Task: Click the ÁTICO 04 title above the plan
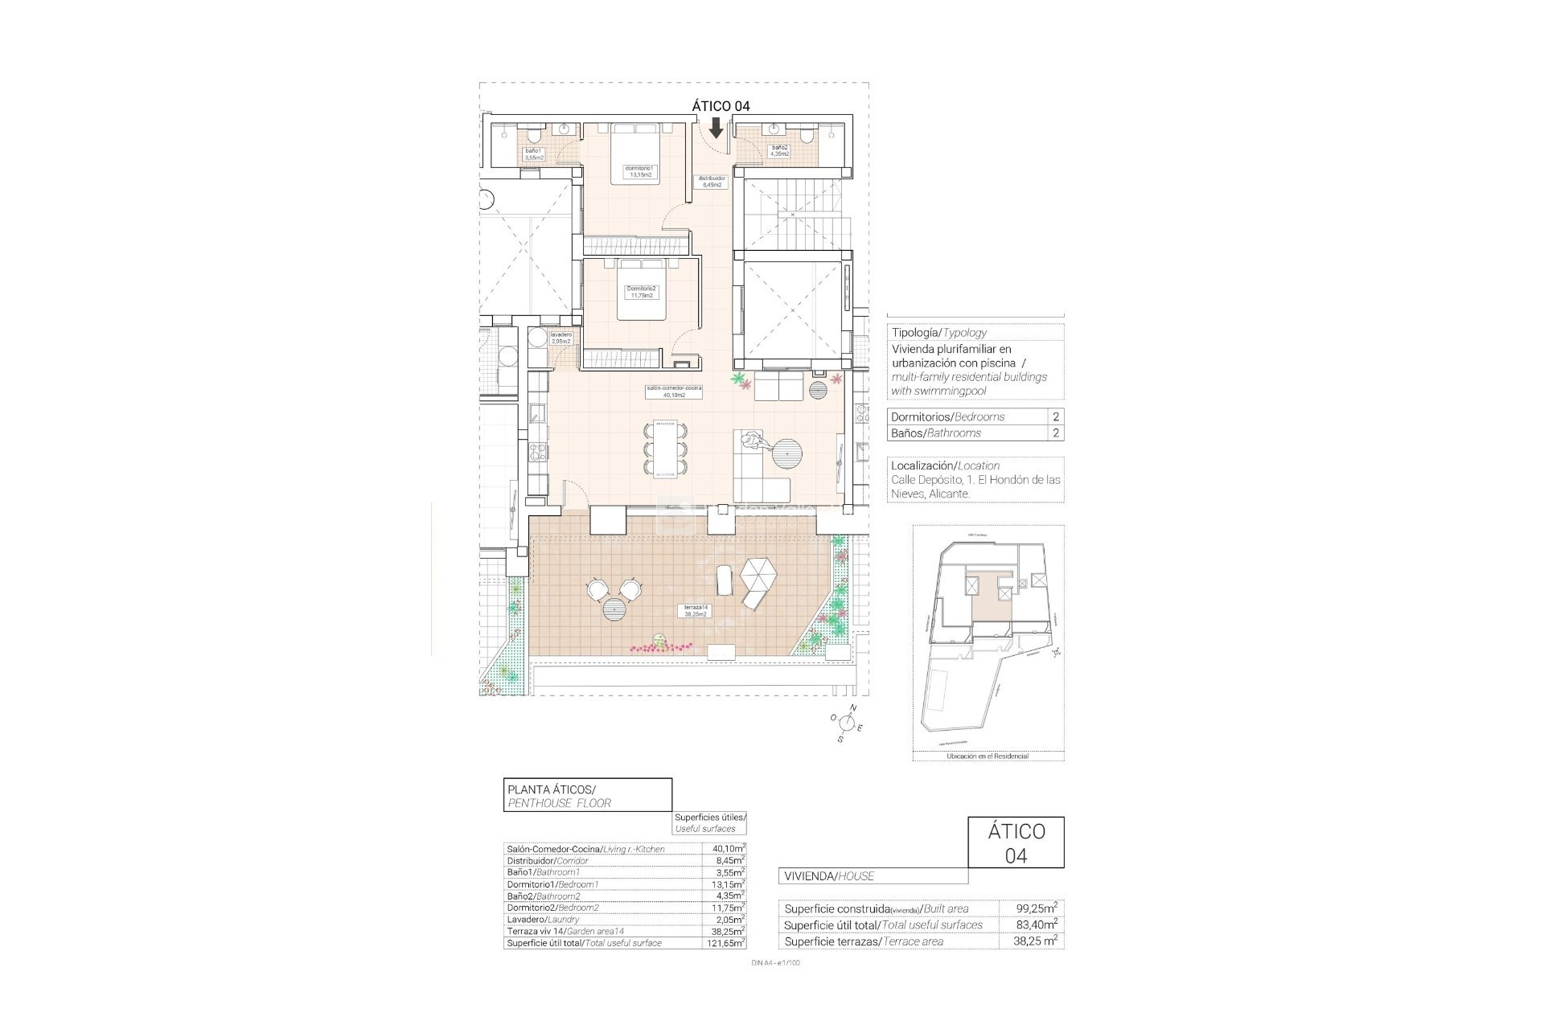(x=721, y=105)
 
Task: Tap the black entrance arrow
(x=716, y=128)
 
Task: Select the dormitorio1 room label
(x=640, y=171)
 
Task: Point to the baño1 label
(x=534, y=154)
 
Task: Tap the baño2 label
(x=779, y=150)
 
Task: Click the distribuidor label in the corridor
(x=712, y=182)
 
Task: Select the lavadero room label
(x=561, y=338)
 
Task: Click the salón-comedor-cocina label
(x=674, y=392)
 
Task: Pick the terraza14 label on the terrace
(x=695, y=610)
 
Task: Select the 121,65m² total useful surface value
(x=728, y=943)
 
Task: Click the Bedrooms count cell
(x=1055, y=416)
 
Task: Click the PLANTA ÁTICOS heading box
(x=587, y=795)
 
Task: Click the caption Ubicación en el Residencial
(x=988, y=756)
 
